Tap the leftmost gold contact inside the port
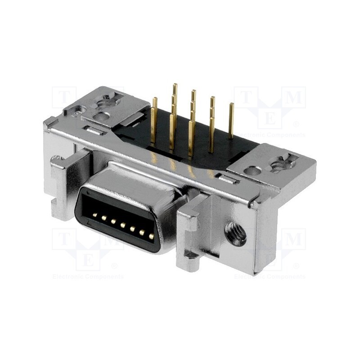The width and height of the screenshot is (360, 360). point(94,215)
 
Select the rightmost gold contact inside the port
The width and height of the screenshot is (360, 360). point(152,235)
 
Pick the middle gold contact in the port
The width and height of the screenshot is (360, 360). point(123,225)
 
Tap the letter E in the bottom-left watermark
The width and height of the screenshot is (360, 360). point(88,260)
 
